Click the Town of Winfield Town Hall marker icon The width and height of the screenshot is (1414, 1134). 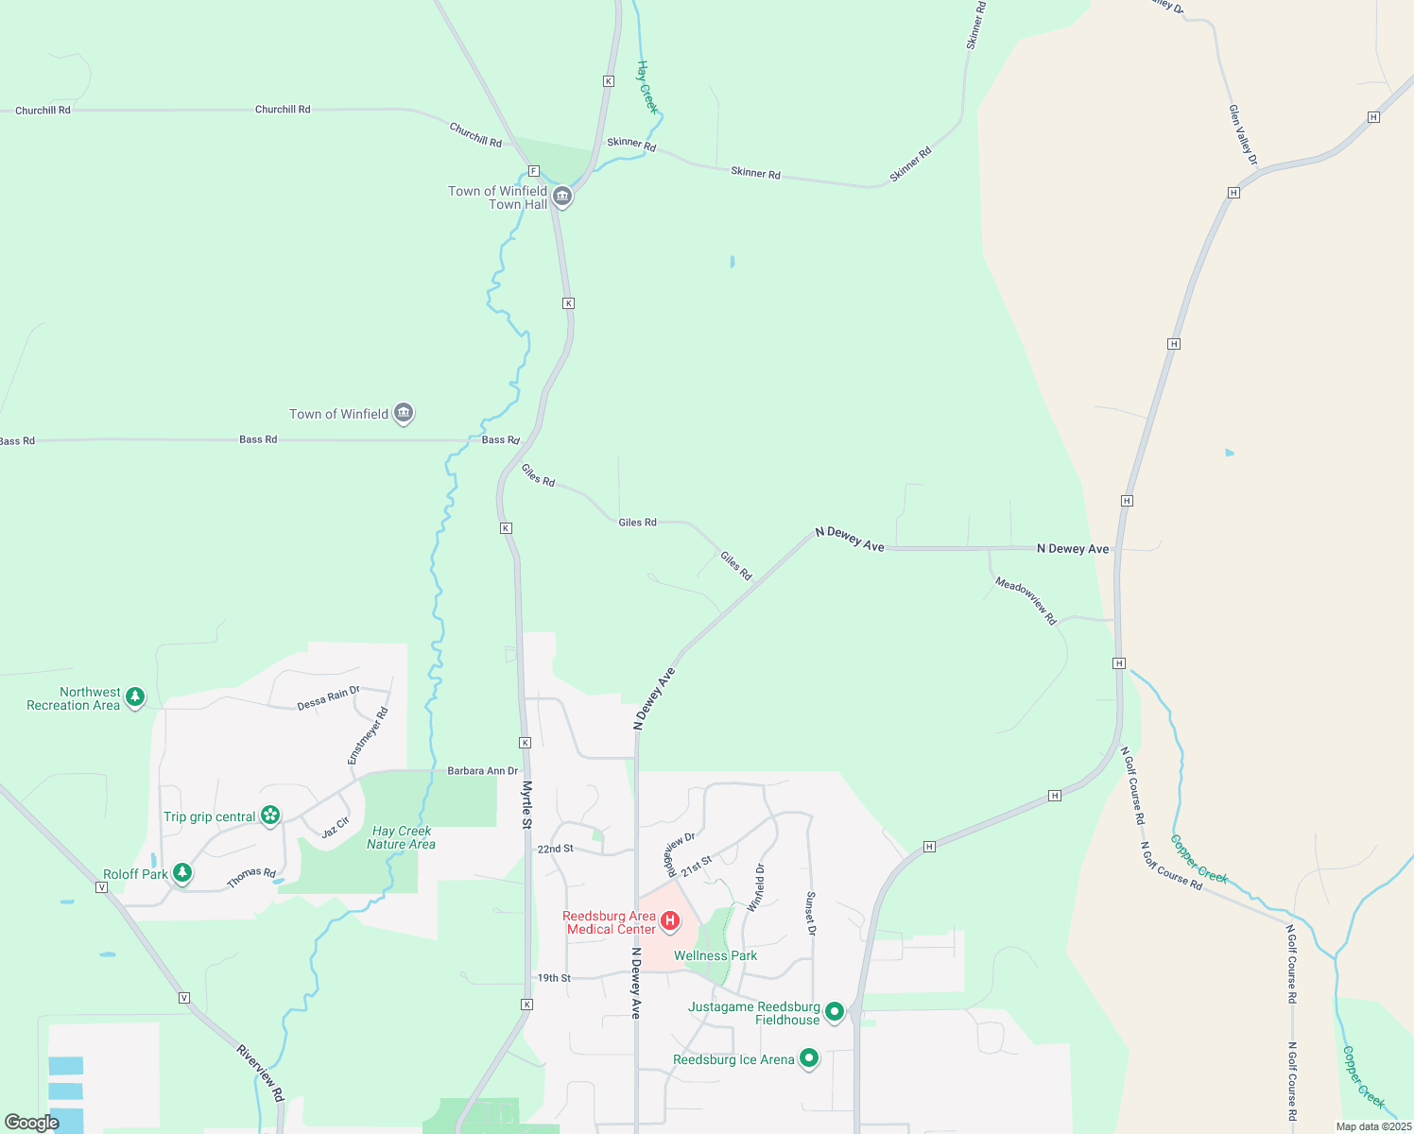tap(562, 197)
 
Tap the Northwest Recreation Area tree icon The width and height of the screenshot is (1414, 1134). tap(135, 697)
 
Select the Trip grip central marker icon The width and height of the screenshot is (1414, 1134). tap(270, 815)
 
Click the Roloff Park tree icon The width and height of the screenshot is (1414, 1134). tap(182, 873)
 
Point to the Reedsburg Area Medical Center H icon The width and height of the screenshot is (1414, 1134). tap(670, 920)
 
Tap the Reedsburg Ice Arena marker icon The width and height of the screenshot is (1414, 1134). tap(809, 1058)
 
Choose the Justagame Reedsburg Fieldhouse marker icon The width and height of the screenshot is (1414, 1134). tap(835, 1012)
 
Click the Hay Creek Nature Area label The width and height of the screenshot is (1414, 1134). tap(402, 838)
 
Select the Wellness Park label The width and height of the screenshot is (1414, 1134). tap(716, 955)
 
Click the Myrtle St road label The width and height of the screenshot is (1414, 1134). tap(527, 805)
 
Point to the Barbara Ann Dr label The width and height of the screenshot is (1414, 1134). tap(483, 771)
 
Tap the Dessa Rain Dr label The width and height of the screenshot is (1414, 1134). tap(328, 698)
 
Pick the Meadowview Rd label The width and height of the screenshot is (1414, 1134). tap(1026, 601)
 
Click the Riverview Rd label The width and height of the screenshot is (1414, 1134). tap(260, 1073)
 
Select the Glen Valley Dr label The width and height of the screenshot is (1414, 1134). tap(1243, 135)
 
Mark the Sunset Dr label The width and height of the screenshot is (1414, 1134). tap(810, 913)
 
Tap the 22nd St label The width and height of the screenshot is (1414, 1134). tap(555, 849)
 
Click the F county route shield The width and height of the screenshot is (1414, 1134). tap(534, 171)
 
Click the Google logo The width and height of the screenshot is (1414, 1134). tap(31, 1123)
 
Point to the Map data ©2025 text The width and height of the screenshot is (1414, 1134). tap(1372, 1126)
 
